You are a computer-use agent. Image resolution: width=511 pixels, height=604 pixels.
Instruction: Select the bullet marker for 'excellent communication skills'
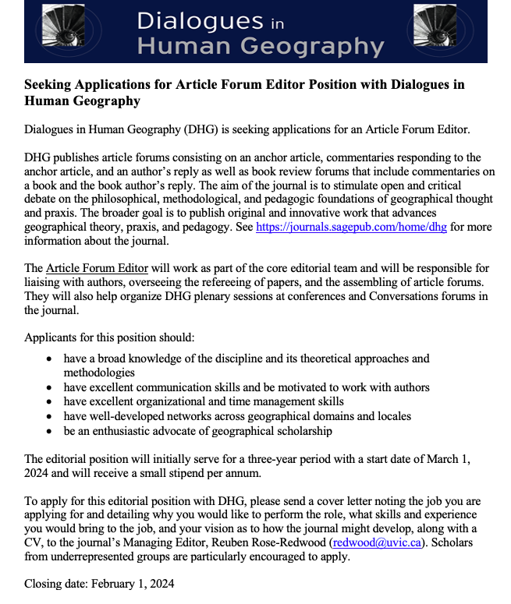click(50, 387)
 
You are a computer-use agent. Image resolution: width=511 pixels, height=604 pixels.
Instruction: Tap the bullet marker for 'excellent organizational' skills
click(50, 401)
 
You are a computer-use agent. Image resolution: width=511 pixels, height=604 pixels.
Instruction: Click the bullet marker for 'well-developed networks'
click(50, 416)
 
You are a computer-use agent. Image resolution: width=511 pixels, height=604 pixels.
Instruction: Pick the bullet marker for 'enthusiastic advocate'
click(50, 431)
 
